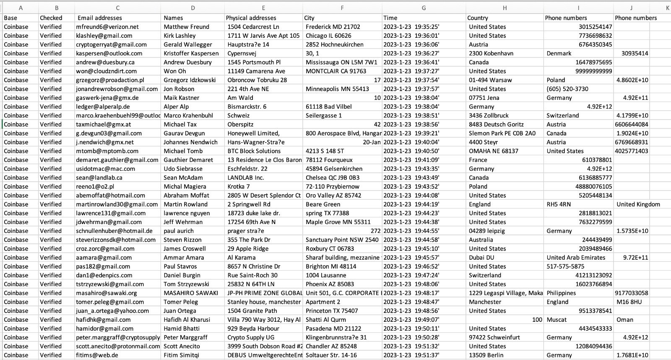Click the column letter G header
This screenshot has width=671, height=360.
(x=424, y=8)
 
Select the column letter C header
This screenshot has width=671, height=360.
(x=118, y=8)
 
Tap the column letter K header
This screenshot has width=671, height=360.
(x=667, y=8)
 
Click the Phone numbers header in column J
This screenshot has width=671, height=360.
(x=636, y=18)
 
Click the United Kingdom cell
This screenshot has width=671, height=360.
(x=638, y=204)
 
